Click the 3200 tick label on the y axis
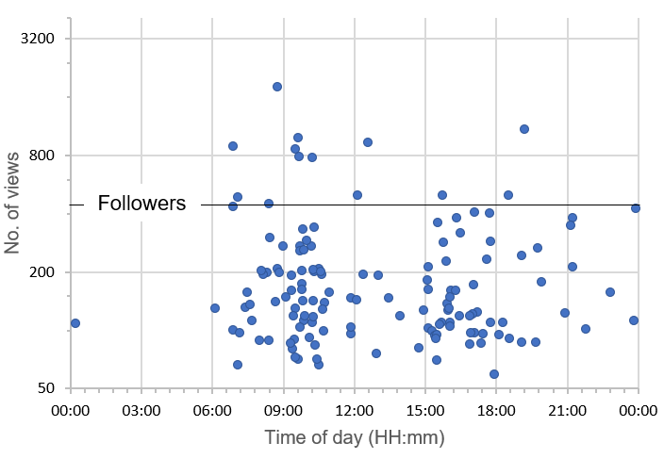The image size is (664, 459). tap(40, 39)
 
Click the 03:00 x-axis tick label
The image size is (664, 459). tap(141, 411)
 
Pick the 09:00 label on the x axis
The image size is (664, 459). tap(283, 411)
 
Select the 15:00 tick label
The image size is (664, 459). tap(425, 411)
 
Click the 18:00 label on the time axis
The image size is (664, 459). tap(496, 411)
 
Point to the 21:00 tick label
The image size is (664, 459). tap(568, 411)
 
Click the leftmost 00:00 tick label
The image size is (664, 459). tap(70, 411)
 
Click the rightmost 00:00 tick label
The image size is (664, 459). tap(639, 411)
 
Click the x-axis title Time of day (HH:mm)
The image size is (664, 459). tap(354, 438)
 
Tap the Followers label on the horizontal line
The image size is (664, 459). tap(141, 203)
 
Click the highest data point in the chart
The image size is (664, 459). tap(277, 87)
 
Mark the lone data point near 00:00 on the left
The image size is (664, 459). tap(75, 323)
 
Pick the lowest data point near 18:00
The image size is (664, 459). tap(494, 374)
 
